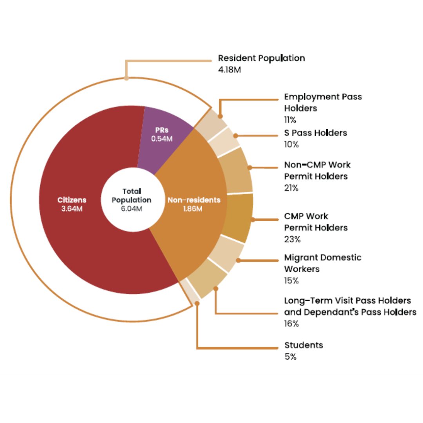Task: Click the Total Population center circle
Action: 133,200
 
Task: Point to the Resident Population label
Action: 261,58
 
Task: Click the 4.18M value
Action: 230,70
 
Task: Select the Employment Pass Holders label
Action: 323,103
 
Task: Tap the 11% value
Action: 290,120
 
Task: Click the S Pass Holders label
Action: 316,133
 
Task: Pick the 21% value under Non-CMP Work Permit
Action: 291,188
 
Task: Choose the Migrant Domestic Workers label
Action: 323,263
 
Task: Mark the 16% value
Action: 292,324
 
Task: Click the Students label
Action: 304,345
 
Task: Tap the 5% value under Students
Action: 291,357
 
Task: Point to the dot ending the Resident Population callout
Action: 126,78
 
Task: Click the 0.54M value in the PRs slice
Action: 162,139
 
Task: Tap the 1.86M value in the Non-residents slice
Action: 193,209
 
